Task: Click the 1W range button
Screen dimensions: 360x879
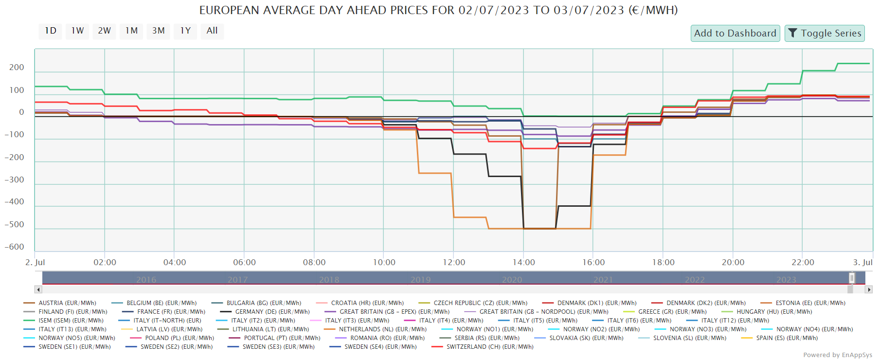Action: pyautogui.click(x=77, y=31)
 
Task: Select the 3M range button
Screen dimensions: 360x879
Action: pyautogui.click(x=158, y=31)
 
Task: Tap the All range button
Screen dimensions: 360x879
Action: pyautogui.click(x=212, y=31)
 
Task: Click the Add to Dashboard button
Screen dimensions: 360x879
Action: pyautogui.click(x=735, y=34)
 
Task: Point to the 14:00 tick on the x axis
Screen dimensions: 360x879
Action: pyautogui.click(x=523, y=263)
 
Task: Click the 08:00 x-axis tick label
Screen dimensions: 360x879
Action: pyautogui.click(x=314, y=263)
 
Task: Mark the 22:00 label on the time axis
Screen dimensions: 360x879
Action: pyautogui.click(x=803, y=263)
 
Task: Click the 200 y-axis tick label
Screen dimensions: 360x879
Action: pyautogui.click(x=17, y=68)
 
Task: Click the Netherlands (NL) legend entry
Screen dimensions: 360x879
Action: pyautogui.click(x=382, y=329)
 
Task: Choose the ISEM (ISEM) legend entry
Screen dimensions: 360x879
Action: pyautogui.click(x=71, y=321)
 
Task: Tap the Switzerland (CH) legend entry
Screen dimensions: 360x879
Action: pyautogui.click(x=489, y=347)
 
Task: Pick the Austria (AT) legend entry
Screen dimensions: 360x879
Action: pyautogui.click(x=67, y=303)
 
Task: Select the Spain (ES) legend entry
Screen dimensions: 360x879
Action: pyautogui.click(x=787, y=338)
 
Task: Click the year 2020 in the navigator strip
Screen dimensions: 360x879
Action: pyautogui.click(x=512, y=280)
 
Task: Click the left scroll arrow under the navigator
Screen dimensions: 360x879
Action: pyautogui.click(x=38, y=289)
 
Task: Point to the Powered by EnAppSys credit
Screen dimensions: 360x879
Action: pyautogui.click(x=837, y=355)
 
